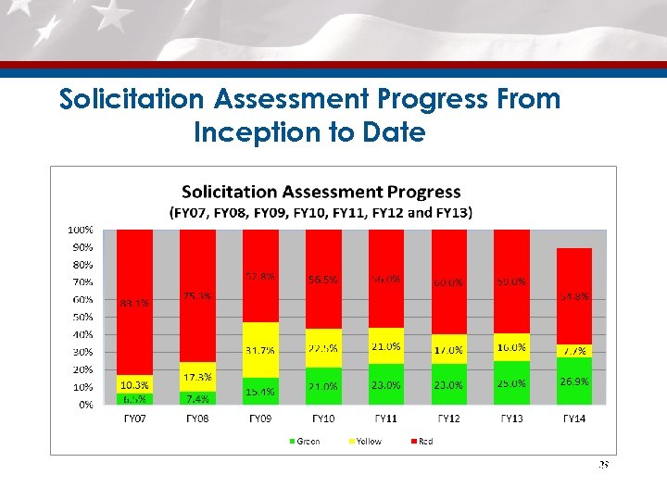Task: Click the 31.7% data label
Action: pos(260,350)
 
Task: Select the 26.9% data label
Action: pos(573,381)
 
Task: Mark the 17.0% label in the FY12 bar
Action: pos(448,350)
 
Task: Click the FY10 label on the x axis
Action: pos(323,419)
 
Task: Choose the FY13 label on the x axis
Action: pos(511,419)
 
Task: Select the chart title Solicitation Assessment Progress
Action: pos(321,193)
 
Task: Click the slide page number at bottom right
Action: pos(602,465)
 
